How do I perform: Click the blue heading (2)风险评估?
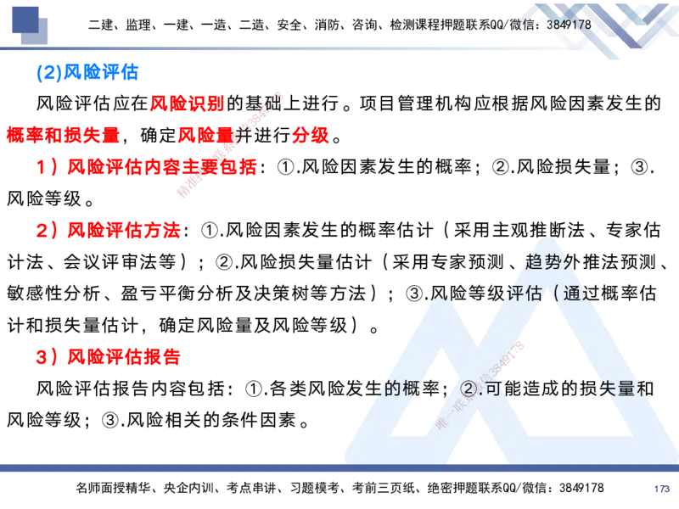point(87,74)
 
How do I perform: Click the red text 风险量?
point(205,135)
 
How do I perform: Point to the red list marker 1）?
point(48,166)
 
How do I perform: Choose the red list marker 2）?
point(48,230)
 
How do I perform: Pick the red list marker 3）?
point(48,356)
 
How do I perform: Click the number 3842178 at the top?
point(569,25)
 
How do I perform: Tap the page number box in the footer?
point(661,488)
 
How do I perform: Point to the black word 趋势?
point(543,261)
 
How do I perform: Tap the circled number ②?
point(469,389)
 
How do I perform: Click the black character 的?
point(391,389)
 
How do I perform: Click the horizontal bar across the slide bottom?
point(339,468)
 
